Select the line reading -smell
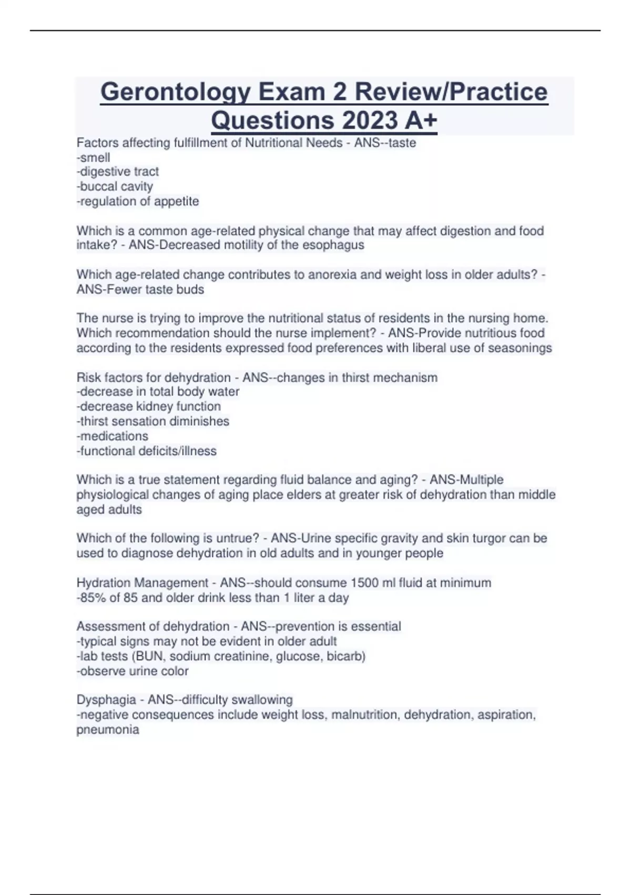coord(94,157)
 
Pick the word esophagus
coord(333,245)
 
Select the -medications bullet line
coord(113,436)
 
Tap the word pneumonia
coord(108,730)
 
